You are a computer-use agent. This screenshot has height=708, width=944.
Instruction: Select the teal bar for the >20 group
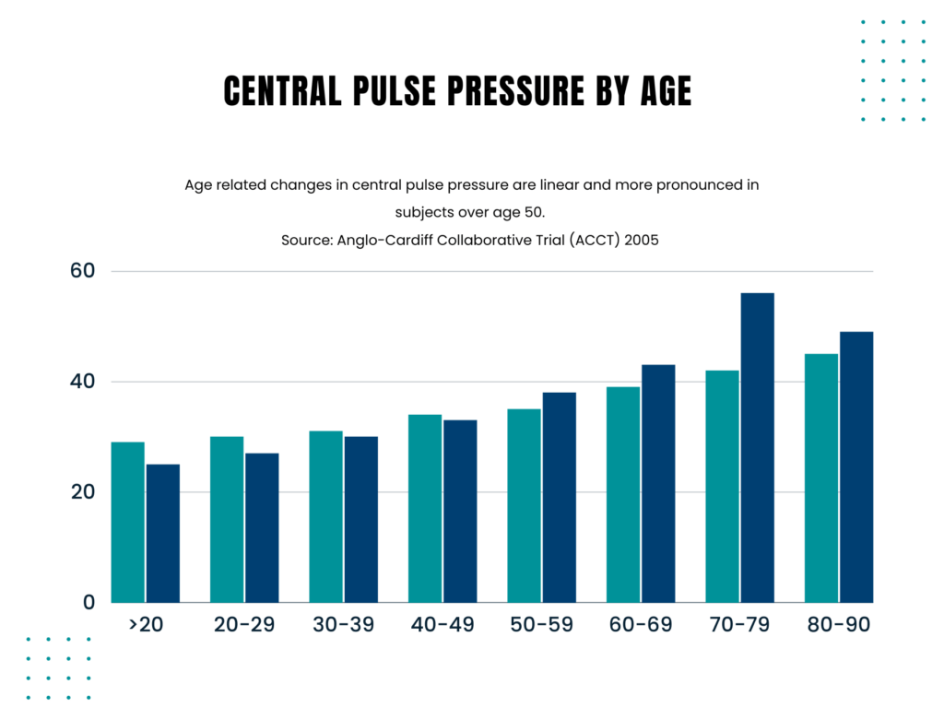tap(127, 522)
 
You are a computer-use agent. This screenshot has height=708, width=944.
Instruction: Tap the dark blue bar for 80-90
tap(855, 466)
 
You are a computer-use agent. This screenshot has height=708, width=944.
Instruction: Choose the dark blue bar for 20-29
tap(262, 527)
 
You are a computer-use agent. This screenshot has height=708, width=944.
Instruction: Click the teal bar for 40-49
tap(425, 508)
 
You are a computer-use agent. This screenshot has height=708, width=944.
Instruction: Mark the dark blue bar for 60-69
tap(658, 483)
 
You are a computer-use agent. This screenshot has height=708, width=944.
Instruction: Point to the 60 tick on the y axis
tap(84, 271)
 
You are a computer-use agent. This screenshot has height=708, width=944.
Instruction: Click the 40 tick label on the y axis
tap(84, 382)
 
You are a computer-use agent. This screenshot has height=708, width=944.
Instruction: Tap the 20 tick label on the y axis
tap(84, 492)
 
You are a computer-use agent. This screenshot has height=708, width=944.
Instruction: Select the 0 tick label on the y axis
tap(89, 603)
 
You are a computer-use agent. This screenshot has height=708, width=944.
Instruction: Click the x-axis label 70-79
tap(739, 625)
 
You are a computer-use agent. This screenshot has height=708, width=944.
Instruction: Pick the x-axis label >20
tap(146, 625)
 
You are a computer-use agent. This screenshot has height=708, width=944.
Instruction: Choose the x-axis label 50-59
tap(541, 625)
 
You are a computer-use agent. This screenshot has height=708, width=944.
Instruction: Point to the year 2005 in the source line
tap(641, 239)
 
